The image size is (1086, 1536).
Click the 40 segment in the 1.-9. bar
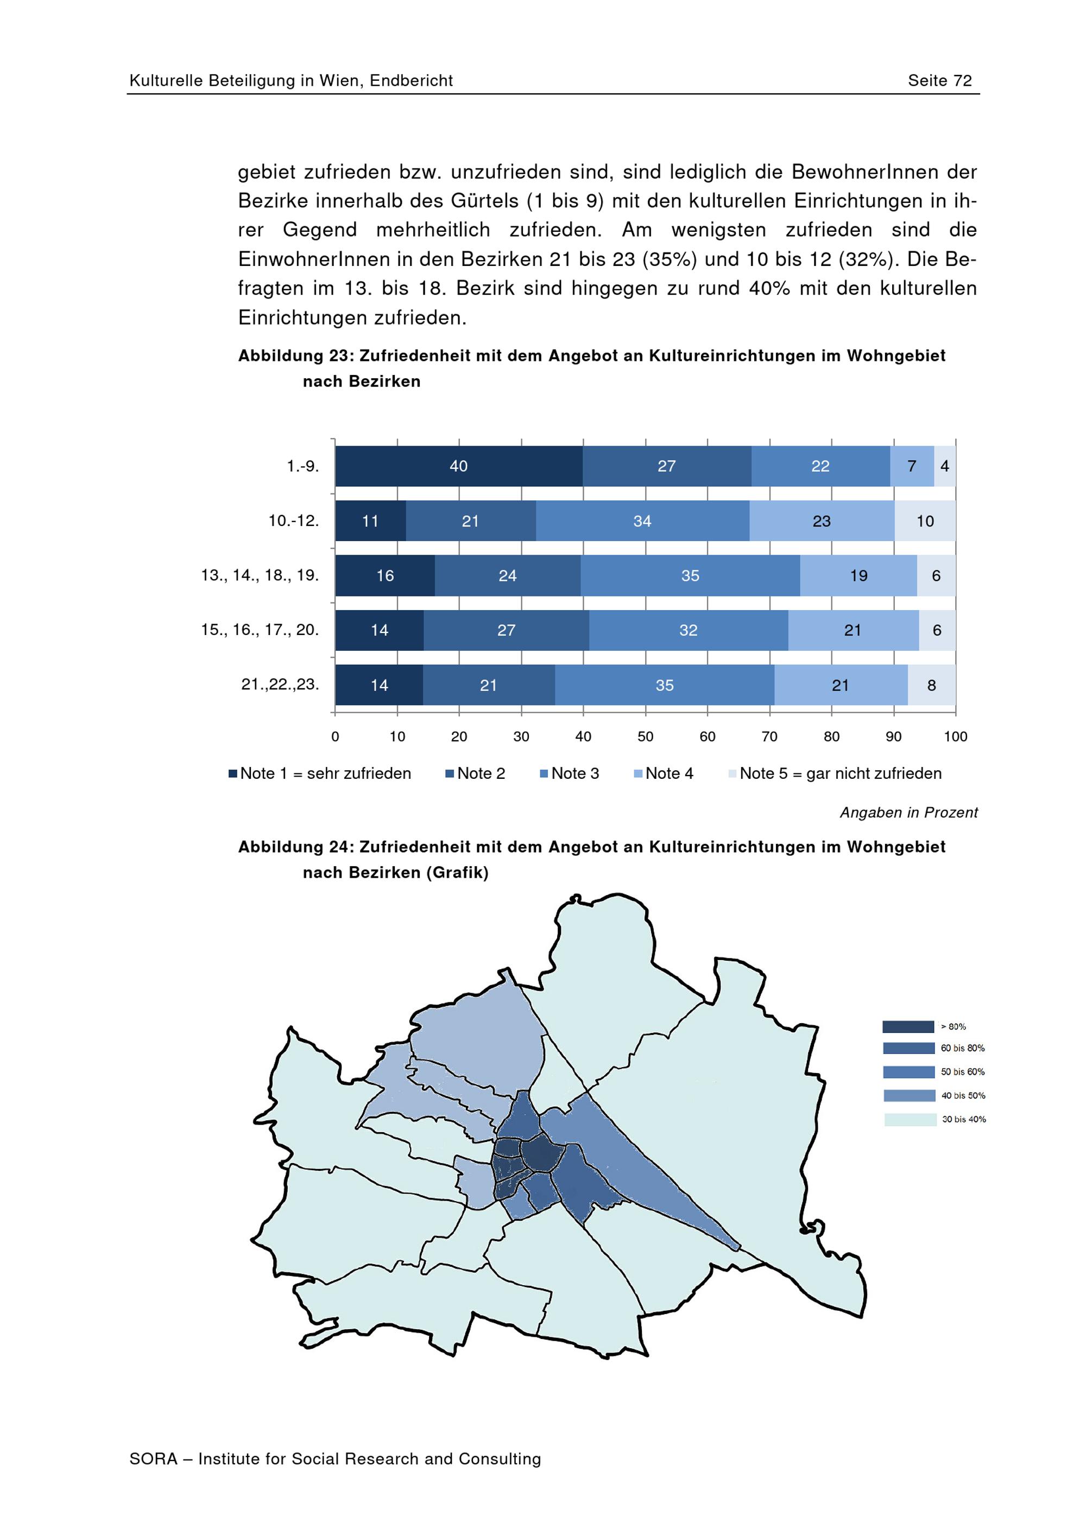pyautogui.click(x=458, y=466)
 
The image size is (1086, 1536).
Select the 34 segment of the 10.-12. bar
pyautogui.click(x=642, y=521)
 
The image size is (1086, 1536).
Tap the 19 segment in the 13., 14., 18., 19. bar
pyautogui.click(x=858, y=575)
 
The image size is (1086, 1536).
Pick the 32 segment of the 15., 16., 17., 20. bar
pyautogui.click(x=689, y=630)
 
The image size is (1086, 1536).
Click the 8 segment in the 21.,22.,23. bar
pyautogui.click(x=931, y=685)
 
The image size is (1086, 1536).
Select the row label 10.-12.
pyautogui.click(x=294, y=521)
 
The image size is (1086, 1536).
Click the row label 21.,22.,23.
pyautogui.click(x=280, y=684)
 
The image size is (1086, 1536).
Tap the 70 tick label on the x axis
pyautogui.click(x=769, y=737)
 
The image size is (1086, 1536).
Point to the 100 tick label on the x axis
pyautogui.click(x=956, y=737)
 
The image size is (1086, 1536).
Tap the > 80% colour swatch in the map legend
pyautogui.click(x=908, y=1027)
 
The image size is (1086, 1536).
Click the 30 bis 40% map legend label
pyautogui.click(x=963, y=1119)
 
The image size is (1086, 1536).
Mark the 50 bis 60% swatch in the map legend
pyautogui.click(x=908, y=1072)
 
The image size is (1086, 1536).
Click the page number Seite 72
pyautogui.click(x=939, y=81)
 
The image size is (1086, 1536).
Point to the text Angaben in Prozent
pyautogui.click(x=908, y=813)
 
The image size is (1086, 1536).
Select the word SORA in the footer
pyautogui.click(x=153, y=1459)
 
